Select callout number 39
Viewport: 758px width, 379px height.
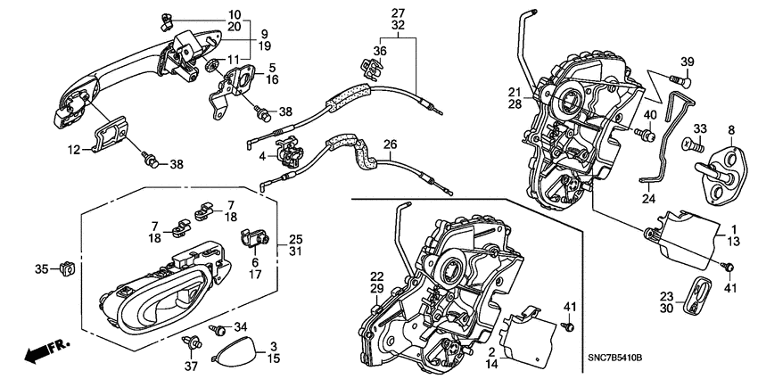pyautogui.click(x=687, y=61)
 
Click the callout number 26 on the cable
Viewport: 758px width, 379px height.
pyautogui.click(x=389, y=144)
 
